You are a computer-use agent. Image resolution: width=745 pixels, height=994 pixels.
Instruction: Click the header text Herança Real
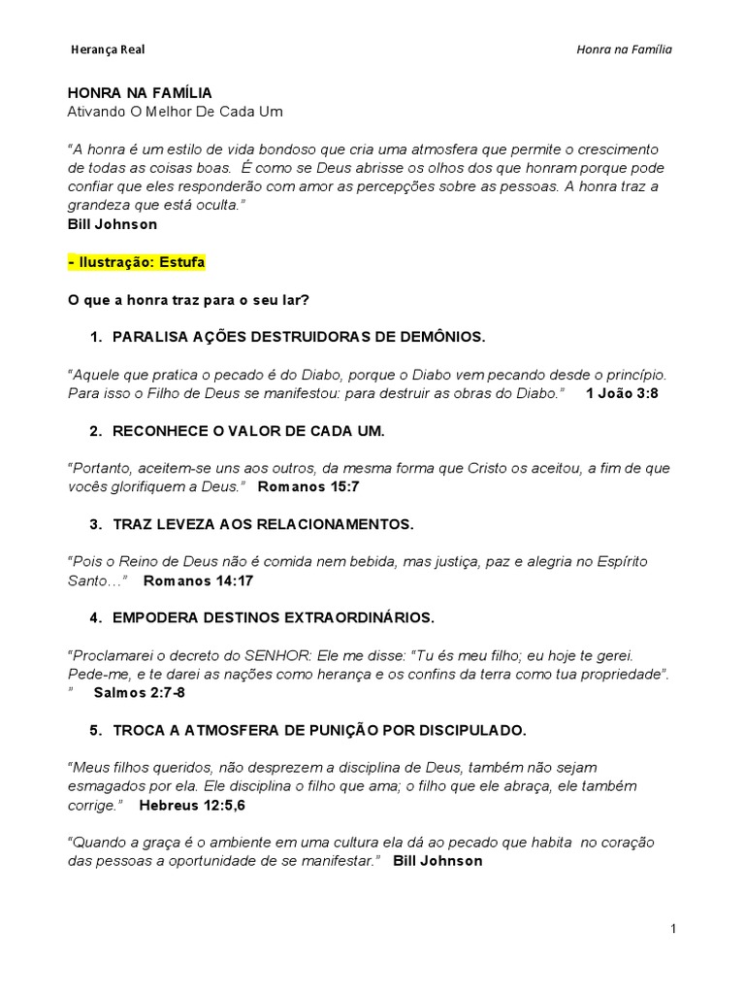pyautogui.click(x=109, y=50)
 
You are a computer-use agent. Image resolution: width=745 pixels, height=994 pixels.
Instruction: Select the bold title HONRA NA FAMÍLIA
pyautogui.click(x=140, y=93)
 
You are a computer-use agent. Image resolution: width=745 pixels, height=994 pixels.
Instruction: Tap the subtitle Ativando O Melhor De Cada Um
pyautogui.click(x=175, y=112)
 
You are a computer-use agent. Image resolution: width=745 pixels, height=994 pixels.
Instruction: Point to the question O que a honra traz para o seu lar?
pyautogui.click(x=187, y=300)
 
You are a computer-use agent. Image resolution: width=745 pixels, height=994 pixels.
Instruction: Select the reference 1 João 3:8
pyautogui.click(x=623, y=393)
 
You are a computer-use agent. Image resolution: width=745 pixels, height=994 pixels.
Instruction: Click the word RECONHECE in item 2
pyautogui.click(x=161, y=430)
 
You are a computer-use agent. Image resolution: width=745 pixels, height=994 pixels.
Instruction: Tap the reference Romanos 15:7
pyautogui.click(x=308, y=486)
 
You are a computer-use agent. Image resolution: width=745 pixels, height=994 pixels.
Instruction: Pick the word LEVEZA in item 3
pyautogui.click(x=179, y=524)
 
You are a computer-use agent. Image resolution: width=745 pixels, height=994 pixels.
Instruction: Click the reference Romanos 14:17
pyautogui.click(x=198, y=580)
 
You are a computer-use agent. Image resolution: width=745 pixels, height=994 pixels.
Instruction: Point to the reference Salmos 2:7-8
pyautogui.click(x=140, y=692)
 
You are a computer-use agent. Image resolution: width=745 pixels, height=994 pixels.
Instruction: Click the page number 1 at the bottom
pyautogui.click(x=673, y=929)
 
